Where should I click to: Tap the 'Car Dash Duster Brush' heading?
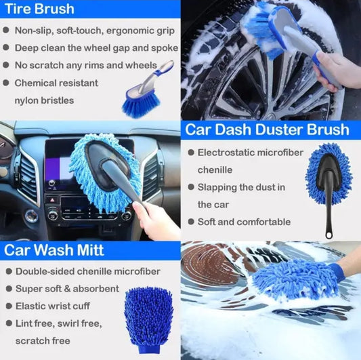(x=268, y=129)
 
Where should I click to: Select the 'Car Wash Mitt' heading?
(x=55, y=249)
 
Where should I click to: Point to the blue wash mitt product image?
(x=148, y=315)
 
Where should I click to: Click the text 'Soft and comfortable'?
(x=244, y=222)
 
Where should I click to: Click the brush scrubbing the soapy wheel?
(x=271, y=31)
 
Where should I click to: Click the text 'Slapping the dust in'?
(x=241, y=187)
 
